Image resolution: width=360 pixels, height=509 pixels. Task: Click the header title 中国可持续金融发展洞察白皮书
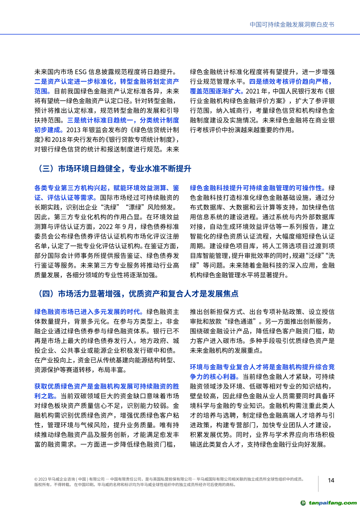[292, 25]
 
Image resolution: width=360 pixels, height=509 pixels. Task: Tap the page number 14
[331, 480]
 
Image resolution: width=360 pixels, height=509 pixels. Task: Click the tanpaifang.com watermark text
[332, 503]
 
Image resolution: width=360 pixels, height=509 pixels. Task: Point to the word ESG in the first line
[81, 72]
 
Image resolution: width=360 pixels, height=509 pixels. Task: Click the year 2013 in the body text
[73, 130]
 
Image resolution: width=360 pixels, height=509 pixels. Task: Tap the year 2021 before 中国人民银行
[253, 91]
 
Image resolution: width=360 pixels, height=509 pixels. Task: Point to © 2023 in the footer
[41, 479]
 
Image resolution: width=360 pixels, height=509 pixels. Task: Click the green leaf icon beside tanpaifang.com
[303, 503]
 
